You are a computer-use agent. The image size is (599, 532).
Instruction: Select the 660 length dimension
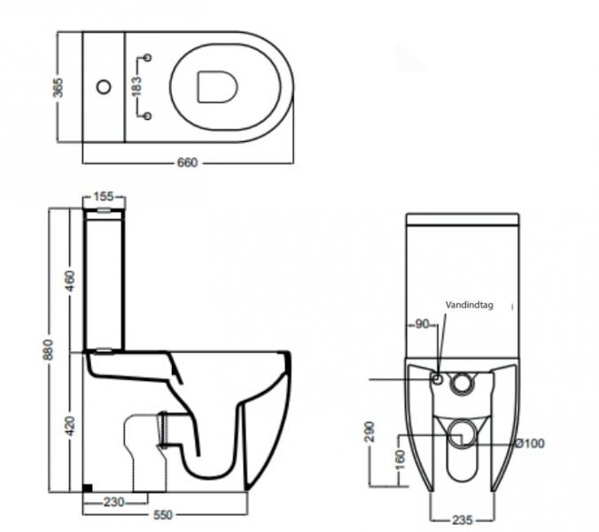pos(187,162)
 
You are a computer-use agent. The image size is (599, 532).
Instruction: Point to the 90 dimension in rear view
pos(422,325)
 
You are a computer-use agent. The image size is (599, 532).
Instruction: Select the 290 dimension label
pos(369,431)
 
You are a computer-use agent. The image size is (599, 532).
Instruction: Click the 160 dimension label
pos(400,461)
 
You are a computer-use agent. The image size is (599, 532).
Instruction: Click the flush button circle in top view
pos(104,87)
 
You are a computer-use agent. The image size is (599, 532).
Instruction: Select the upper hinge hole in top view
pos(148,59)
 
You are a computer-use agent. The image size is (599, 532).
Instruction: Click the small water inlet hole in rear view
pos(436,379)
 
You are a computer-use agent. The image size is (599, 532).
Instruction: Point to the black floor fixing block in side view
pos(87,487)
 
